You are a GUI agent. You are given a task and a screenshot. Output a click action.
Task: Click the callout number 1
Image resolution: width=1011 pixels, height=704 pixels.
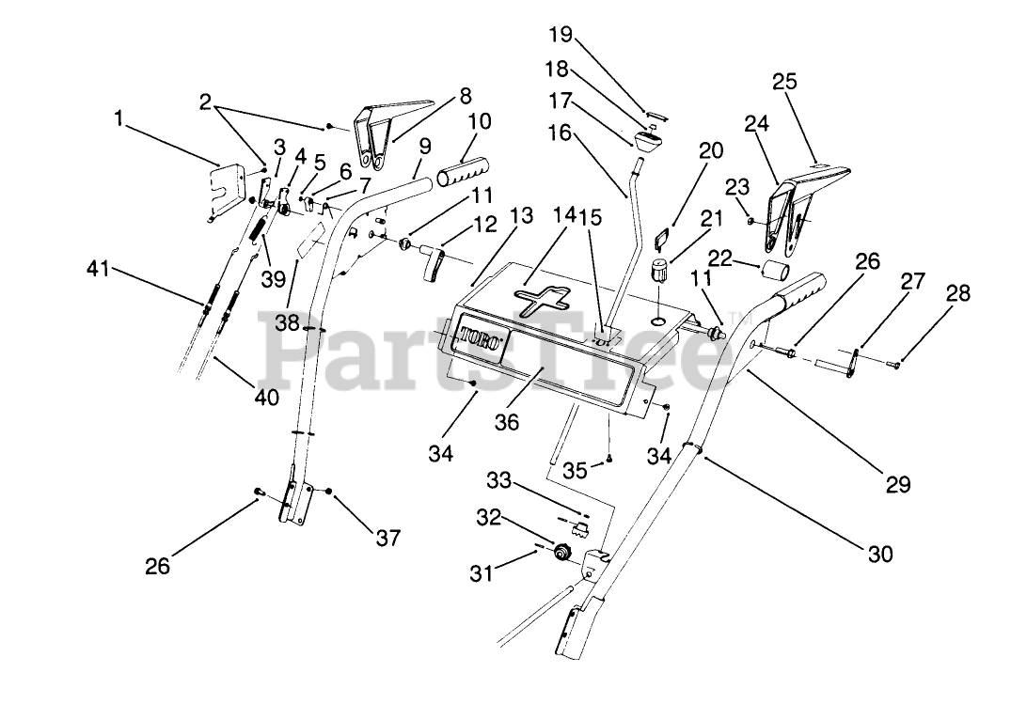[x=118, y=118]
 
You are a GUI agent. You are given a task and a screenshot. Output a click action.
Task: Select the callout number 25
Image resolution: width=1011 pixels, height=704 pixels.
[x=784, y=82]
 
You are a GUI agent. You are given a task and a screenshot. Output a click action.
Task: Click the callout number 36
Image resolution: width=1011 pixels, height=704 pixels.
[x=508, y=423]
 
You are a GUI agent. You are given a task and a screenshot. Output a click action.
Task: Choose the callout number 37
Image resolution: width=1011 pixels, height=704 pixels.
[x=387, y=538]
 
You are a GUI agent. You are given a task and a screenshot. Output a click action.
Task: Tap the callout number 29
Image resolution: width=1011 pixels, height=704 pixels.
[x=898, y=484]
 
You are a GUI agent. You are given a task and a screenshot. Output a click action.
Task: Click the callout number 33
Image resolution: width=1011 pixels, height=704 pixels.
[x=500, y=480]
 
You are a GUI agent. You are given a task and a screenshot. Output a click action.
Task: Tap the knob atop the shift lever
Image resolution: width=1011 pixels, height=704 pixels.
[x=646, y=145]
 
